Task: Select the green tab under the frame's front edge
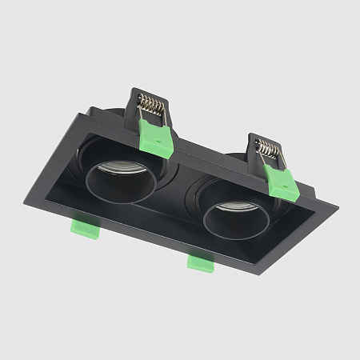tap(199, 262)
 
